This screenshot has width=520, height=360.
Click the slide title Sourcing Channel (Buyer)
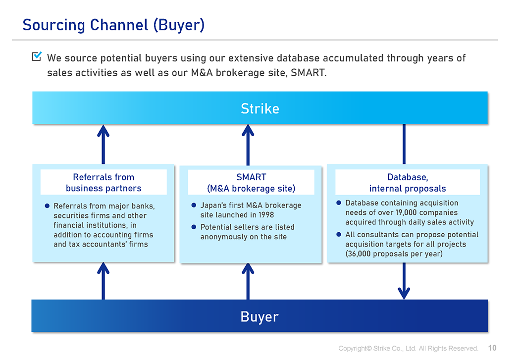click(113, 25)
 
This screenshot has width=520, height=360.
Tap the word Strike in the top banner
click(260, 108)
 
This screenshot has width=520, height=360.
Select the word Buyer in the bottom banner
click(260, 316)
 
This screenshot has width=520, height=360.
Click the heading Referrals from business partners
click(104, 182)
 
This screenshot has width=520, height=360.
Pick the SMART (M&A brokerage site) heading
click(251, 182)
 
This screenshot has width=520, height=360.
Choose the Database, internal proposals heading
click(408, 182)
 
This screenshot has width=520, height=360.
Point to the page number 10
click(492, 348)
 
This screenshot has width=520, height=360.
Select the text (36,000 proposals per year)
click(394, 254)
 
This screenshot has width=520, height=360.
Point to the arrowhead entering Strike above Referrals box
click(103, 130)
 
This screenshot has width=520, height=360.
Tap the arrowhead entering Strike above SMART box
click(248, 130)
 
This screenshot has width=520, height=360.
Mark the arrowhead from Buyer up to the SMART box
click(248, 269)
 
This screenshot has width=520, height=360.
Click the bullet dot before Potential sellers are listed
click(194, 227)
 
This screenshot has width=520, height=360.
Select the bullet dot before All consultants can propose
click(339, 234)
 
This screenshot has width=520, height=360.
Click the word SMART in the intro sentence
click(308, 73)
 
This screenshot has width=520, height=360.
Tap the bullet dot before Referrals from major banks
click(47, 206)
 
